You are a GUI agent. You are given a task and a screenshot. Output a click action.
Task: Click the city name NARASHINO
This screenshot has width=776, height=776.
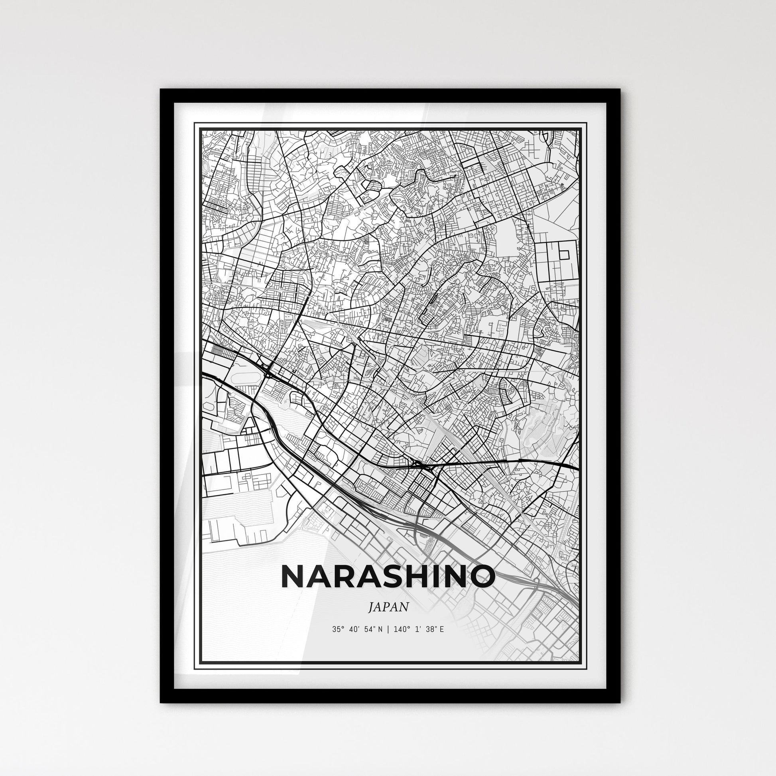pos(388,576)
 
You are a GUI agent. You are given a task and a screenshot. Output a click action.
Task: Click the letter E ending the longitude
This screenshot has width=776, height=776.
pos(441,629)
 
